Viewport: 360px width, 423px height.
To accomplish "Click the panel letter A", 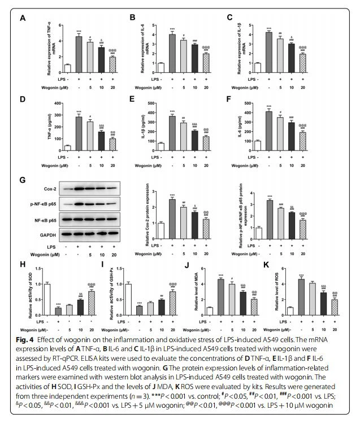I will pos(23,19).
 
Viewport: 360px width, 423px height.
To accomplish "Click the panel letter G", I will pos(23,181).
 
